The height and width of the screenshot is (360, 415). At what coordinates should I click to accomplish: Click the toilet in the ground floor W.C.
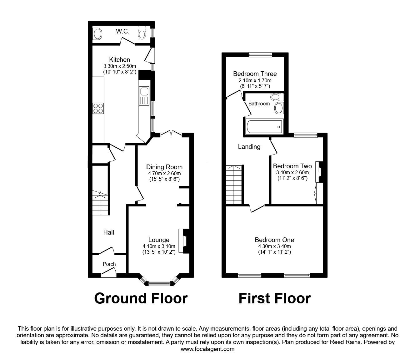click(x=142, y=34)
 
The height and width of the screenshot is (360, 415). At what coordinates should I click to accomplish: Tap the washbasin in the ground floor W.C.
click(x=97, y=34)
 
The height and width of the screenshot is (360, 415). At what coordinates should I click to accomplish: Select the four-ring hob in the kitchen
click(x=98, y=108)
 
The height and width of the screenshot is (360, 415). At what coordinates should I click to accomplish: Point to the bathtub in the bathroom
click(x=264, y=127)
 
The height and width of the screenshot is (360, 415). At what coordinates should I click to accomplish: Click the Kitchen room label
click(x=119, y=60)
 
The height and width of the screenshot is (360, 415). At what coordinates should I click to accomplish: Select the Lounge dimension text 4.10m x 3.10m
click(x=159, y=246)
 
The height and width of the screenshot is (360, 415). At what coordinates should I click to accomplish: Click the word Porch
click(x=109, y=264)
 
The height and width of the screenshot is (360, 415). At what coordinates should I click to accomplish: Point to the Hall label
click(x=109, y=232)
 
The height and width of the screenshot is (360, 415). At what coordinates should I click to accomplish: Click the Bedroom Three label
click(x=255, y=74)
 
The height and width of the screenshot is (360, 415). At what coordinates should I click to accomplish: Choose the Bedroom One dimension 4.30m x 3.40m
click(x=274, y=246)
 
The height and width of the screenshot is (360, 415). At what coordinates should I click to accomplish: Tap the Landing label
click(x=249, y=146)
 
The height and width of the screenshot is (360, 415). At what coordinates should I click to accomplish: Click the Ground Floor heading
click(x=141, y=298)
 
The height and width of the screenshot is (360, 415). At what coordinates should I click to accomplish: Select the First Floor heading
click(x=274, y=298)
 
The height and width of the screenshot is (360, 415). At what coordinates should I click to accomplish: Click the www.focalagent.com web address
click(x=207, y=349)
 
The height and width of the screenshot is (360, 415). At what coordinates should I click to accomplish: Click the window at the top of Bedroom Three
click(x=260, y=54)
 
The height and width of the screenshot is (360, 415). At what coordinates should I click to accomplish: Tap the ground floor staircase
click(x=100, y=203)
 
